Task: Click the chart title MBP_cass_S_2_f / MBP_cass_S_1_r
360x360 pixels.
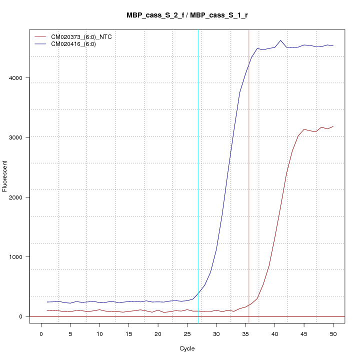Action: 187,15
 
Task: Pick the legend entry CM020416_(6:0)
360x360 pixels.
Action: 77,44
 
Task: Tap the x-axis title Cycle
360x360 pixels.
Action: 186,348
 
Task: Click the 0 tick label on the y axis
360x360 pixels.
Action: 20,316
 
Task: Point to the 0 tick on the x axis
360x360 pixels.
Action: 41,333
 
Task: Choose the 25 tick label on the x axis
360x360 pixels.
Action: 187,333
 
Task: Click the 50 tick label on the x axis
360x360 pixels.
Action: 333,333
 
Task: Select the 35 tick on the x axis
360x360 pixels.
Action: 245,333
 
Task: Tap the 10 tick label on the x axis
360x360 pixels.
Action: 99,333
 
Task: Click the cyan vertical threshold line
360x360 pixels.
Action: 198,150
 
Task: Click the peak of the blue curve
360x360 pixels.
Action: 280,40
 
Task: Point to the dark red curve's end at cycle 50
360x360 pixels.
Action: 333,126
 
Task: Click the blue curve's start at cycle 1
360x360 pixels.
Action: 47,302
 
